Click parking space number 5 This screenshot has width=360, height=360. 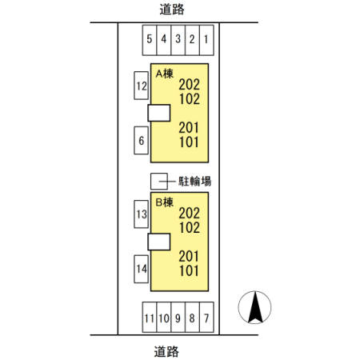[150, 40]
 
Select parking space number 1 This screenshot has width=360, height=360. [206, 40]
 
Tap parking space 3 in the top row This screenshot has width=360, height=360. [178, 40]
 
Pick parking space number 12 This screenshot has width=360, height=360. [141, 86]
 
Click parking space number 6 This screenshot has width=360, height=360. [141, 140]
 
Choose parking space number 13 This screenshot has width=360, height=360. [141, 214]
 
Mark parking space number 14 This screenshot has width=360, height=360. [141, 269]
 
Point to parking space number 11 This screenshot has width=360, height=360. [150, 317]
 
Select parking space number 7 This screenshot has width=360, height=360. [206, 317]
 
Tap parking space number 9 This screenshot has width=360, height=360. [178, 317]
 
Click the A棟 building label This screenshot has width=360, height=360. [165, 74]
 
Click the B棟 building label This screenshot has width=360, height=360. [165, 202]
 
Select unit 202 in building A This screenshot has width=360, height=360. [190, 85]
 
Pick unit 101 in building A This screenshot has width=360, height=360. [189, 142]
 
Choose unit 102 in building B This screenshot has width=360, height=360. [190, 228]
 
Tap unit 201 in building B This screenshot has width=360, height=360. [189, 256]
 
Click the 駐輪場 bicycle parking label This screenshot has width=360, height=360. [195, 182]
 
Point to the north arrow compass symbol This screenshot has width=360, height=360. [254, 307]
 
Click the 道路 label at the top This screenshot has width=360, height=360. [172, 10]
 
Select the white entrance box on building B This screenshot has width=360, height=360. [159, 242]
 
